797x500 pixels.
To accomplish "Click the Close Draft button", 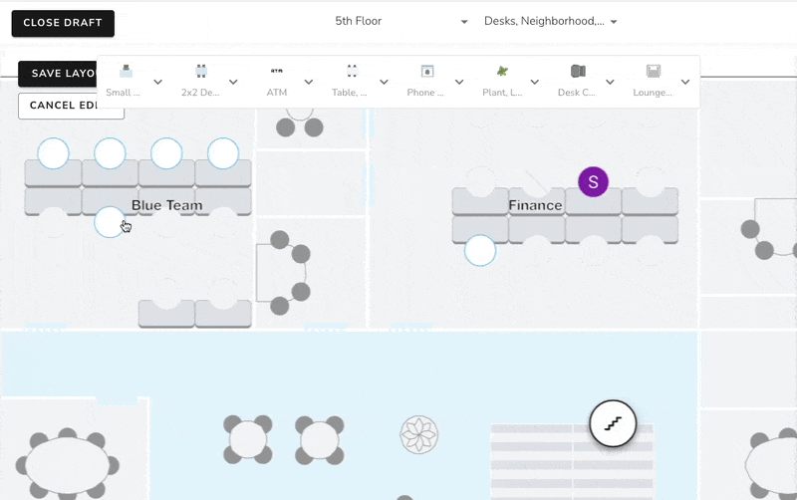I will (63, 23).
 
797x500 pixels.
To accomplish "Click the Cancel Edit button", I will (70, 106).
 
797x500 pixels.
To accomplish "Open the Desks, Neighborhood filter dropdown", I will (550, 21).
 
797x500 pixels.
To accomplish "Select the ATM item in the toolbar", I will (277, 81).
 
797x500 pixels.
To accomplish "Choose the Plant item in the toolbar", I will (502, 81).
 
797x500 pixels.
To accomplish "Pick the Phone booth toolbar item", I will (426, 81).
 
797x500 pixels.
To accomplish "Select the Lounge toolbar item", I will (654, 81).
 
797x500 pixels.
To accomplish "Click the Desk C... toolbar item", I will (577, 81).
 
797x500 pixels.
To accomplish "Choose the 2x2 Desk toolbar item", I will (201, 81).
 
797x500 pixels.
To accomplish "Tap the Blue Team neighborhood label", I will (167, 205).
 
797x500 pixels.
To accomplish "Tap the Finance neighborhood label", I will (535, 205).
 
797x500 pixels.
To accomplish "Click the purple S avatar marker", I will (593, 181).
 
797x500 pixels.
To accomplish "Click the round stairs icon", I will (613, 423).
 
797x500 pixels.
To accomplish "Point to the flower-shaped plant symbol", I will (419, 434).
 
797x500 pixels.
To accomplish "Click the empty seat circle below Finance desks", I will (480, 250).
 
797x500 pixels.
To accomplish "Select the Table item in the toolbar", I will (352, 81).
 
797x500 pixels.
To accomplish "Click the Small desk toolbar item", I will (126, 81).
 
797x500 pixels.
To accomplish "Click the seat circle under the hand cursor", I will (110, 221).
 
